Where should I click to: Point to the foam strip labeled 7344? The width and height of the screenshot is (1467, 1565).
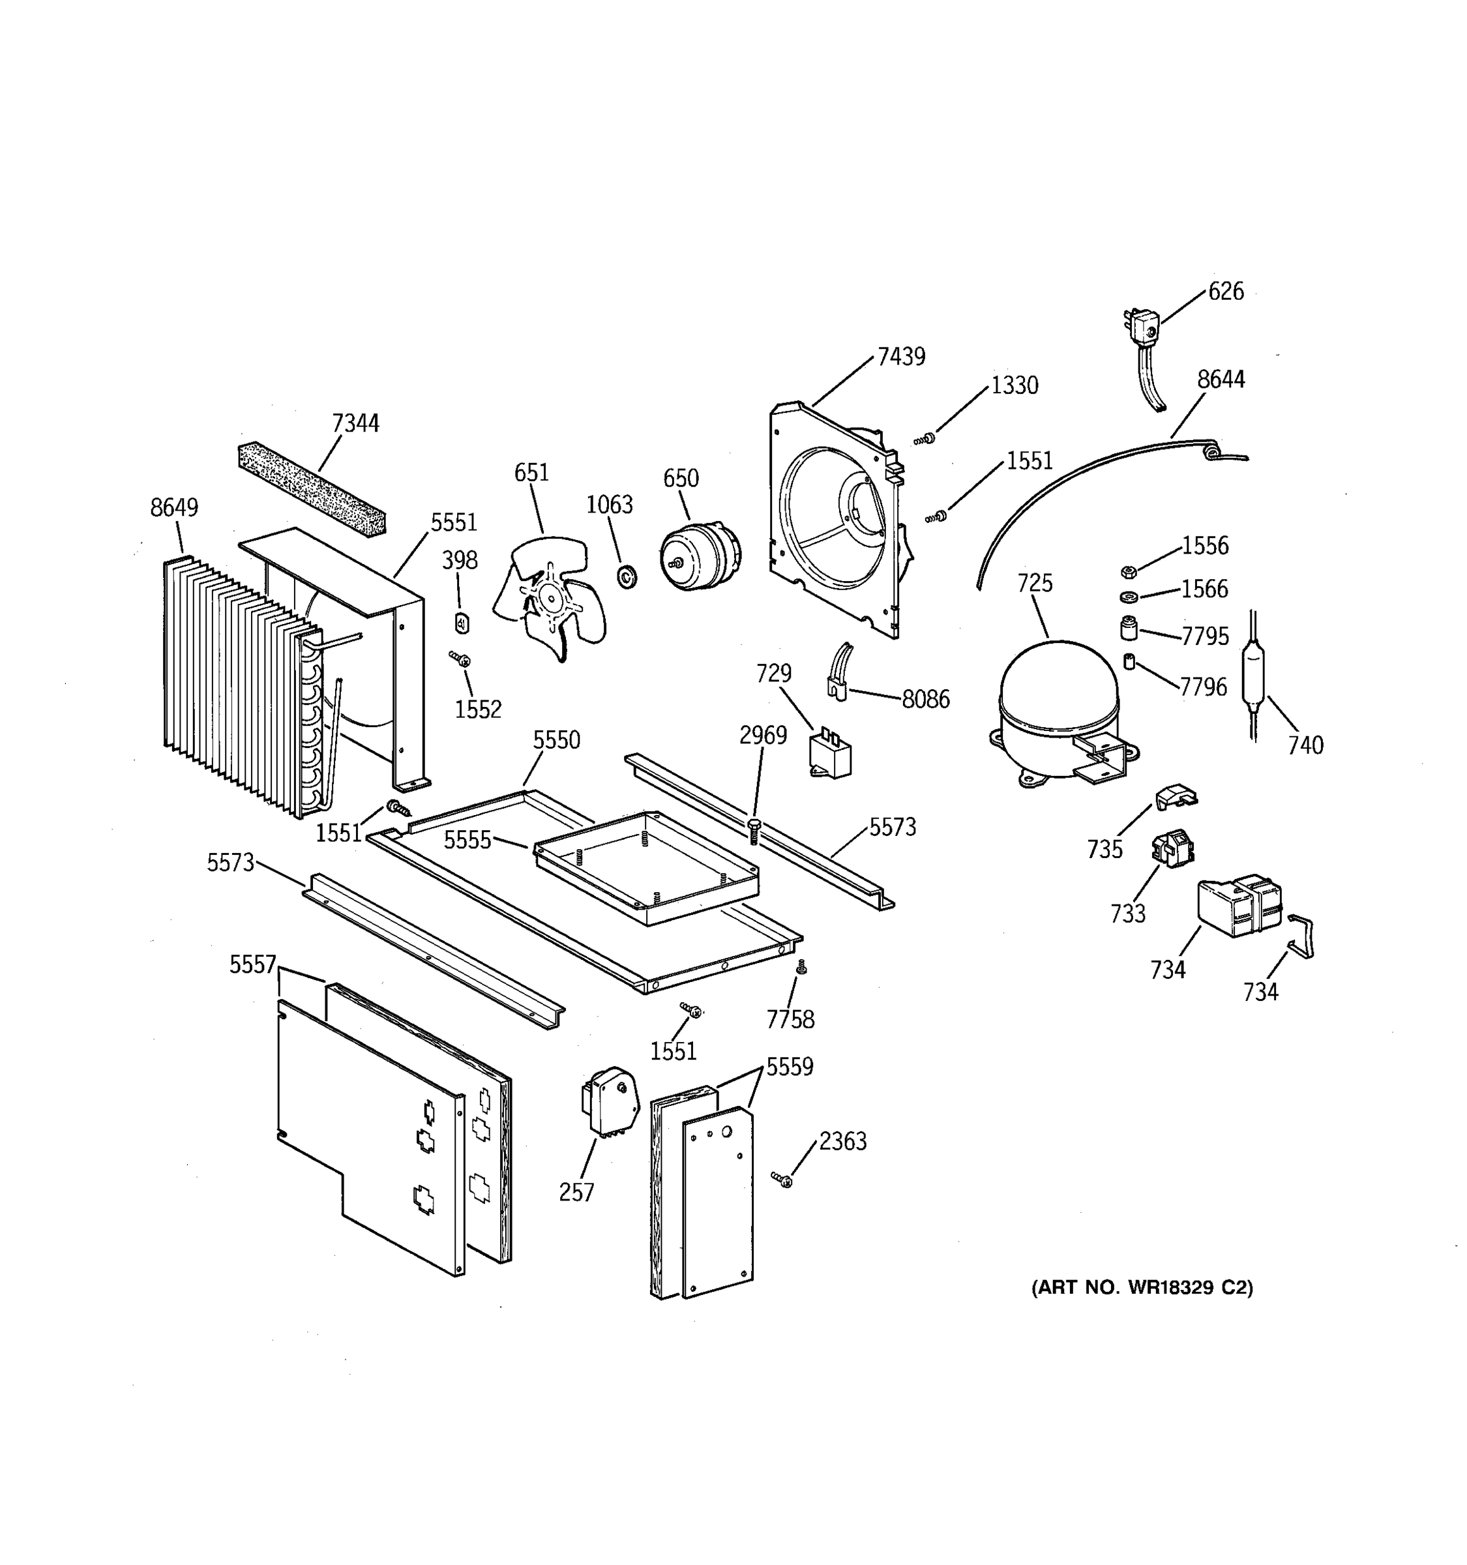click(312, 488)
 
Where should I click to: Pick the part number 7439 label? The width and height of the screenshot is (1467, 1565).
click(901, 357)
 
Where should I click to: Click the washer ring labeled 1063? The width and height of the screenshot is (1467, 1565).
click(627, 576)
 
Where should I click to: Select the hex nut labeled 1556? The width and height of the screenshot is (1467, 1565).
click(1128, 571)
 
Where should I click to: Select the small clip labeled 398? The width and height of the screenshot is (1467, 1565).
click(462, 623)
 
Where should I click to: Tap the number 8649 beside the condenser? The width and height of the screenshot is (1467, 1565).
click(174, 508)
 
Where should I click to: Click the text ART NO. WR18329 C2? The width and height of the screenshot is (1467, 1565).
click(1142, 1287)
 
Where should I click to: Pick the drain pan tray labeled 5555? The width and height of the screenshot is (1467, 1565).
click(645, 866)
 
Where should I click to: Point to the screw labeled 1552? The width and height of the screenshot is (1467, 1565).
click(460, 658)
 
